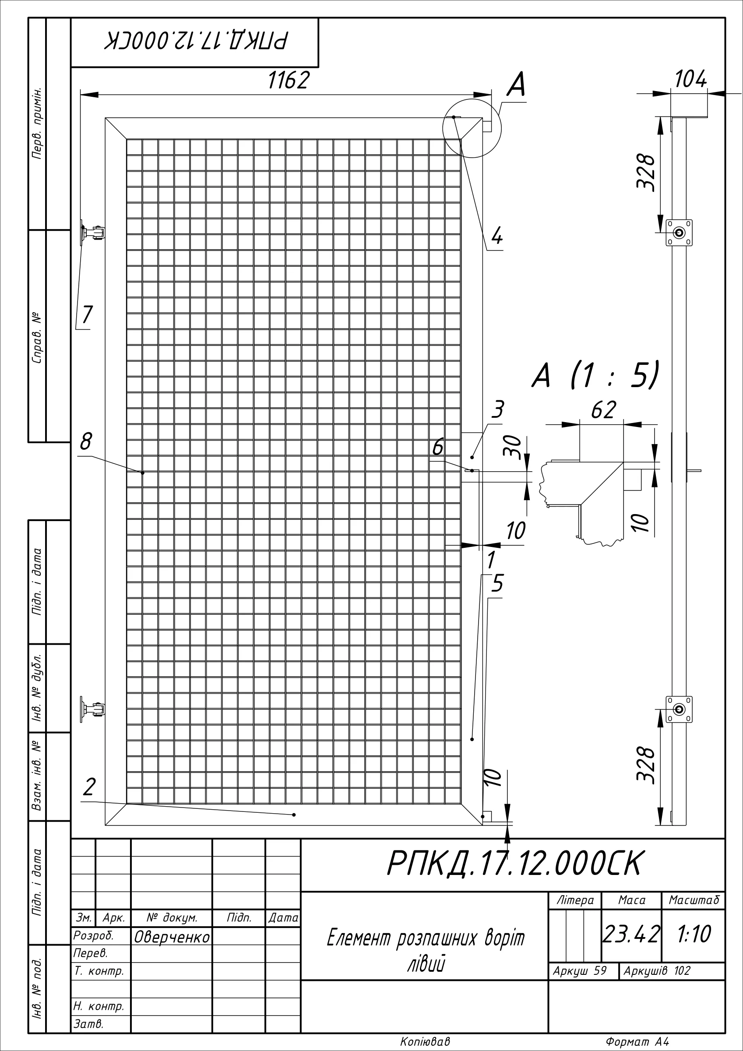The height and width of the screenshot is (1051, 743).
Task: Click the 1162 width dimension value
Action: (289, 81)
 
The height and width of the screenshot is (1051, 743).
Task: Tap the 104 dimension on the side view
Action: (691, 81)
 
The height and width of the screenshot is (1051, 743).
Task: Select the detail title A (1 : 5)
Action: (595, 375)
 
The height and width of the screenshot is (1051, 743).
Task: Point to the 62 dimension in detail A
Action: (604, 410)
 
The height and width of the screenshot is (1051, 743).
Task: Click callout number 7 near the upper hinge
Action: (87, 314)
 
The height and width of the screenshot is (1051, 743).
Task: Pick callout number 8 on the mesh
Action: (86, 442)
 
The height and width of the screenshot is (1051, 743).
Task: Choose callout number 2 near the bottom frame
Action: (89, 786)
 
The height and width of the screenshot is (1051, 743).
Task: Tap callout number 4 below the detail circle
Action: (497, 237)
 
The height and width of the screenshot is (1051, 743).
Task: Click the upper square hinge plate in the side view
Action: (680, 233)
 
